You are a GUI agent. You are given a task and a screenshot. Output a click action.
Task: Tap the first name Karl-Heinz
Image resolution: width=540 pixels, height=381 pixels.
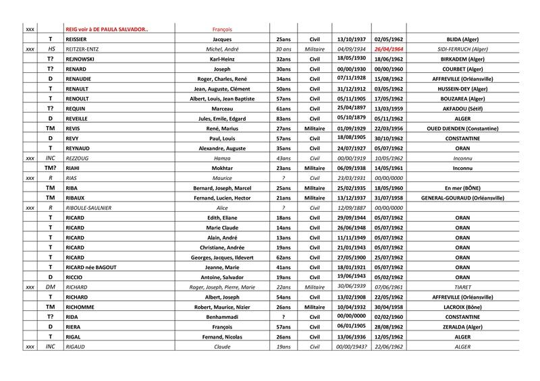point(222,59)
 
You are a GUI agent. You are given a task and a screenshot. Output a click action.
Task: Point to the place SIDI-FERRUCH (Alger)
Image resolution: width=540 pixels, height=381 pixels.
point(462,49)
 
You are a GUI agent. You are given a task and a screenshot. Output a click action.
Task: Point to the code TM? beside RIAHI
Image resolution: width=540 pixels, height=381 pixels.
point(50,169)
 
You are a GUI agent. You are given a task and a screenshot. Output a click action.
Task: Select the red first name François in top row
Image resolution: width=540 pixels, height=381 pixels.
point(222,30)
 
